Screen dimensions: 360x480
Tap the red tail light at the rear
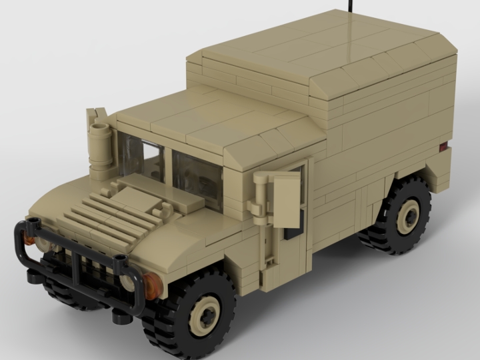[442, 145]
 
